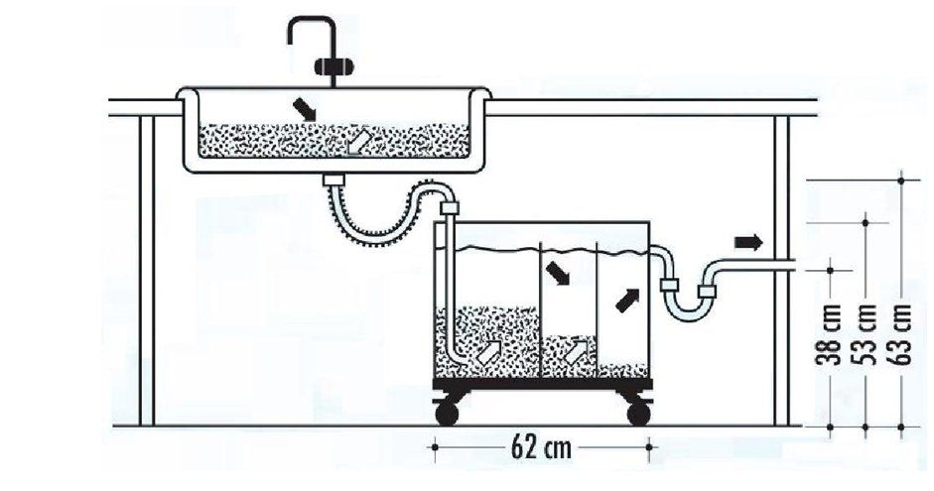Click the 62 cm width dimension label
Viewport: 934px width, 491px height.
pyautogui.click(x=541, y=447)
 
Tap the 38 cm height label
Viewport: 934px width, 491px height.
pyautogui.click(x=829, y=334)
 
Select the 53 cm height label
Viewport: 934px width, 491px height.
pyautogui.click(x=865, y=334)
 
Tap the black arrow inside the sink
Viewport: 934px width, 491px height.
pyautogui.click(x=305, y=109)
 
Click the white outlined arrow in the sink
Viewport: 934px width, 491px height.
pyautogui.click(x=359, y=142)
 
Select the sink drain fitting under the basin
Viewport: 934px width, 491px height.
pyautogui.click(x=334, y=180)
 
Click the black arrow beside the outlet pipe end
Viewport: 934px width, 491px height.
pyautogui.click(x=748, y=242)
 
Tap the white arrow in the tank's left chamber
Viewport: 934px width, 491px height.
pyautogui.click(x=491, y=352)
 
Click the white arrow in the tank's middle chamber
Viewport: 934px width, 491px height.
pyautogui.click(x=576, y=352)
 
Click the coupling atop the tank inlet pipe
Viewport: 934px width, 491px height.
pyautogui.click(x=449, y=208)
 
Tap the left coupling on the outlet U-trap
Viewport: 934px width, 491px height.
pyautogui.click(x=670, y=285)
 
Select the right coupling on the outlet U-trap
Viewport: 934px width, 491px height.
pyautogui.click(x=707, y=292)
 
